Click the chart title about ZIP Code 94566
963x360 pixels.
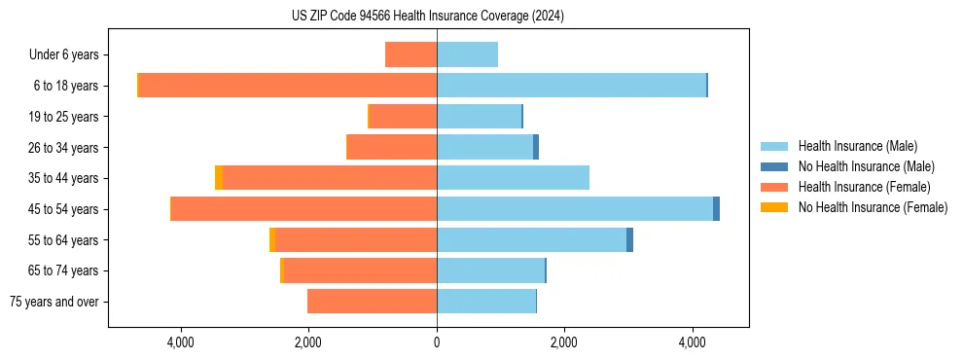(x=427, y=16)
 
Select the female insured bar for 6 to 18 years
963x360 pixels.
(x=288, y=86)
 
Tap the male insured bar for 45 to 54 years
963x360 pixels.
(x=574, y=209)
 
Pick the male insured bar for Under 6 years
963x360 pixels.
(x=467, y=54)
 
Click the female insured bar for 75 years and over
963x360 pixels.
(x=372, y=302)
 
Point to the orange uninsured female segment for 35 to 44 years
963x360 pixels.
(x=219, y=178)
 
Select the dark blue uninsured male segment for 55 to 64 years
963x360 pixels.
(x=629, y=240)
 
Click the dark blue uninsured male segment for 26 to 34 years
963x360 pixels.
(x=536, y=147)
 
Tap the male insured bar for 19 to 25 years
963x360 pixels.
(x=479, y=117)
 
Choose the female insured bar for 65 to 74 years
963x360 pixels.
(x=360, y=270)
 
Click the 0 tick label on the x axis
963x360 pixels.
(x=437, y=342)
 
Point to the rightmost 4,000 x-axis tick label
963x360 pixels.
(x=692, y=342)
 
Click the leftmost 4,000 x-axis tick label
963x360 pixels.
(x=182, y=342)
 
